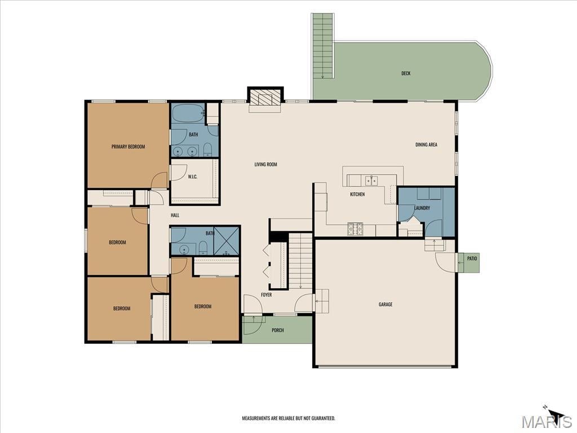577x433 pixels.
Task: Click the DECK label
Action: (x=406, y=73)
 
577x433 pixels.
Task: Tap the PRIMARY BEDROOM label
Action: (x=128, y=147)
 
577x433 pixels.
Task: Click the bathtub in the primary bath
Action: (x=188, y=113)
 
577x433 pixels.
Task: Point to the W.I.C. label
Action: (x=193, y=176)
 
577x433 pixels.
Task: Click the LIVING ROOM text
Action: (x=266, y=164)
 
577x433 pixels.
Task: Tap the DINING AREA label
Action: (x=426, y=145)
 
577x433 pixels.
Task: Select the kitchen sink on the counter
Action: (x=372, y=180)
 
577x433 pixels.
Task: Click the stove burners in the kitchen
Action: (x=356, y=229)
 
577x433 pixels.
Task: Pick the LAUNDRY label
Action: (x=422, y=208)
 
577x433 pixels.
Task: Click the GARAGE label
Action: (x=385, y=304)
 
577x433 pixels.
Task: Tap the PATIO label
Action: (x=472, y=258)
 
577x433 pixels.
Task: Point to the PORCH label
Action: (x=278, y=330)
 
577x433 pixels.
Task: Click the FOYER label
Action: (x=267, y=295)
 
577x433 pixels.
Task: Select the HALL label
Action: (x=175, y=215)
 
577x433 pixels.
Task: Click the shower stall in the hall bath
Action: (x=227, y=241)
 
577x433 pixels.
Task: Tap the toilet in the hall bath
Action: (x=203, y=248)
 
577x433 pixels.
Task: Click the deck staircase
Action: (x=323, y=46)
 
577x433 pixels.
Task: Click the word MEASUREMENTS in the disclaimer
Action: (x=257, y=418)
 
